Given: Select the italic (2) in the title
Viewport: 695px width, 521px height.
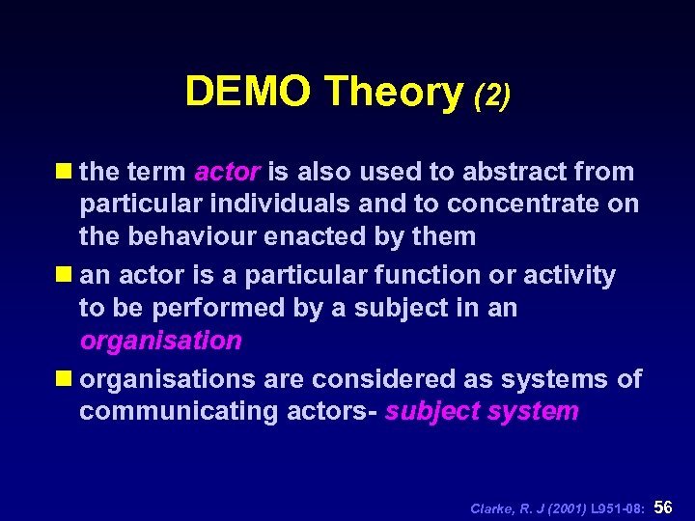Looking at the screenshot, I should pos(491,95).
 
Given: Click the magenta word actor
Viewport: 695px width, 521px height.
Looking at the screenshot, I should pos(227,173).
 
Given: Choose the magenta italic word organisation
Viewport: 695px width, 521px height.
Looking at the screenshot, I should pos(160,341).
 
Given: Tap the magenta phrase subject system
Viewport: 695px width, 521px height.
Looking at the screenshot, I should pos(482,412).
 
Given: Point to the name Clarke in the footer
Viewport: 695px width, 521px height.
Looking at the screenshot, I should pos(493,508).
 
